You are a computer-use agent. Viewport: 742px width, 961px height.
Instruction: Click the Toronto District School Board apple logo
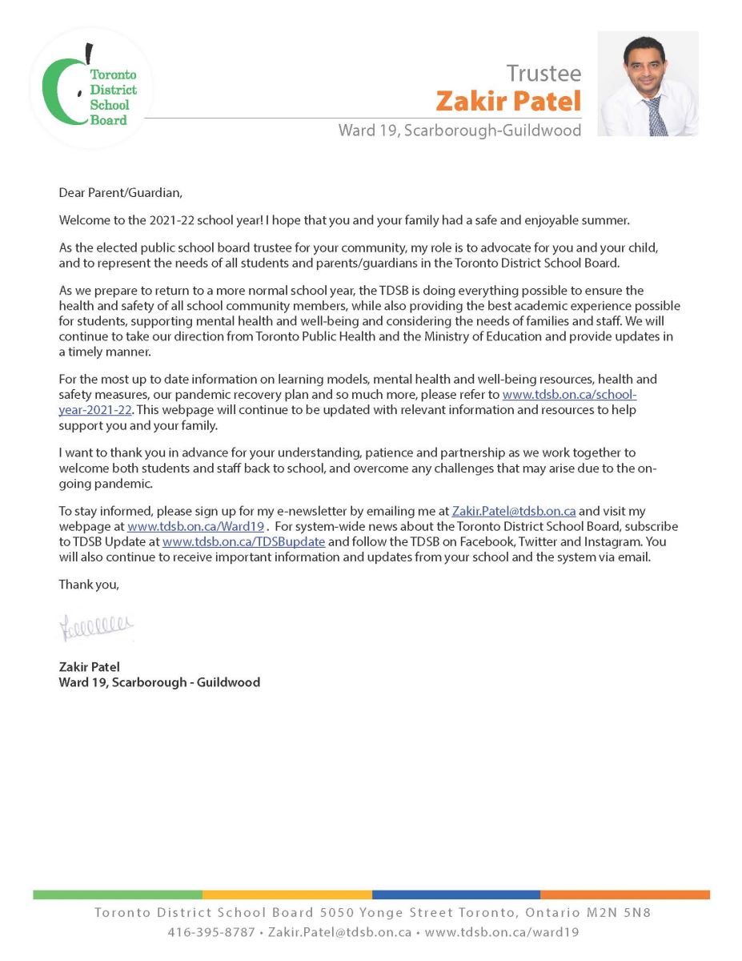pos(90,88)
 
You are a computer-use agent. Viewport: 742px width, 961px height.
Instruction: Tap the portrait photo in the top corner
pos(648,83)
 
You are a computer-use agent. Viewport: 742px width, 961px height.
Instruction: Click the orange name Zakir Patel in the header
pos(508,102)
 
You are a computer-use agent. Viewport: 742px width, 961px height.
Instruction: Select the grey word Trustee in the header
pos(543,73)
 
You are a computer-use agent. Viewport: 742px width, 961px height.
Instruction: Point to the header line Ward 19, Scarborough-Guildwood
pos(459,131)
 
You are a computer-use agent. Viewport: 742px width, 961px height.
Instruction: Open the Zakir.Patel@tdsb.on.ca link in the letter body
pos(514,511)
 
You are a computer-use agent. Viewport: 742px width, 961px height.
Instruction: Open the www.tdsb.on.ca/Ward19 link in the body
pos(196,526)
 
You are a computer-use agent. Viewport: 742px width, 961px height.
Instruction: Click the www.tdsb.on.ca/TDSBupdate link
pos(243,542)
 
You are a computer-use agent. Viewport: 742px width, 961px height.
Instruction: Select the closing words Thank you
pos(89,585)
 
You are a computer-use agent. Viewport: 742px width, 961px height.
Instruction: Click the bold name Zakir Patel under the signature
pos(89,666)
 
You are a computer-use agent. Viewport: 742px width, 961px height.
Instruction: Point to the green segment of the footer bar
pos(117,895)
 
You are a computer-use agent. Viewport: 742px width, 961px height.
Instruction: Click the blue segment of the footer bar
pos(456,895)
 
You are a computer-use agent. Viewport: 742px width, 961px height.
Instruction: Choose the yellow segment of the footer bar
pos(287,895)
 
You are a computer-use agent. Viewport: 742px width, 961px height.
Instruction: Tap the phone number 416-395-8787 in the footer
pos(211,932)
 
